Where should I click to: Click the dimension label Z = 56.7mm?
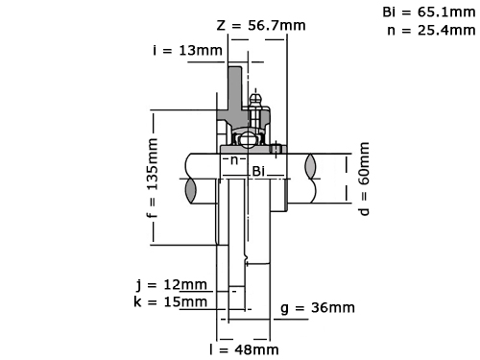[261, 25]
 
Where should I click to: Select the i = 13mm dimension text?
[187, 50]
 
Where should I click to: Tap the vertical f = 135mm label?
[153, 178]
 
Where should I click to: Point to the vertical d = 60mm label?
[364, 179]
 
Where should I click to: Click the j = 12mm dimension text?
[172, 284]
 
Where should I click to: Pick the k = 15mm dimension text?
[171, 301]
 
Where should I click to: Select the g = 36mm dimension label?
[318, 308]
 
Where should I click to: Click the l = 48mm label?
[244, 349]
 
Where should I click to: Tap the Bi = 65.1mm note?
[429, 12]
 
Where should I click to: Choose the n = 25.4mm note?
[431, 31]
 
